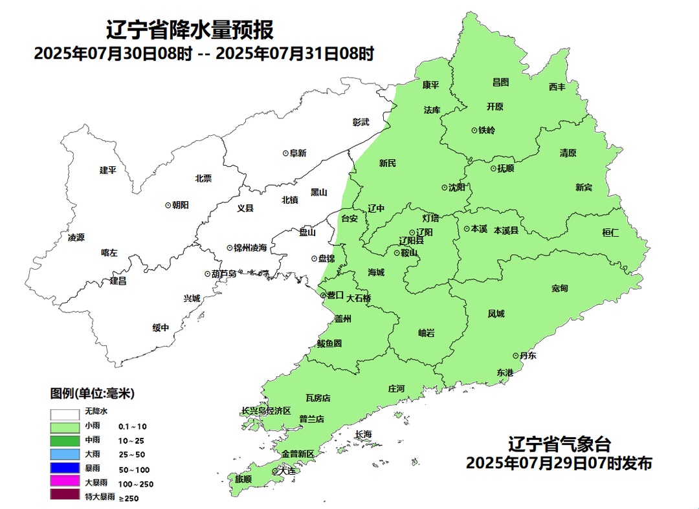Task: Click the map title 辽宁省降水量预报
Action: pos(190,30)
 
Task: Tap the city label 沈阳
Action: pos(456,188)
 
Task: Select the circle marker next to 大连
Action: pos(275,472)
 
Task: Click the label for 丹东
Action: pos(527,356)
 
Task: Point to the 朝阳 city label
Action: pos(181,205)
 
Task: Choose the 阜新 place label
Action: pos(298,153)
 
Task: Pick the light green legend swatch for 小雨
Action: pos(65,427)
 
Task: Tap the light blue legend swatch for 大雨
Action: pos(65,454)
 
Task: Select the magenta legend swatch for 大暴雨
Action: pos(65,482)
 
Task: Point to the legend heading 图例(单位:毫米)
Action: pos(92,393)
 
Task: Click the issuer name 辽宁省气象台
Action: pos(559,445)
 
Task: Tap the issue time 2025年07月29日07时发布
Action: pos(559,463)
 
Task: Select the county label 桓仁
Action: pos(610,233)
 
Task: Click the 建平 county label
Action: pos(108,170)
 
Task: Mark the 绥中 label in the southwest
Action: pos(161,328)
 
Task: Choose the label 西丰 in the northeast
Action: pos(557,87)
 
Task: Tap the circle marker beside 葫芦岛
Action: pos(207,274)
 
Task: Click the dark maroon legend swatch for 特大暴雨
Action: pos(65,495)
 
